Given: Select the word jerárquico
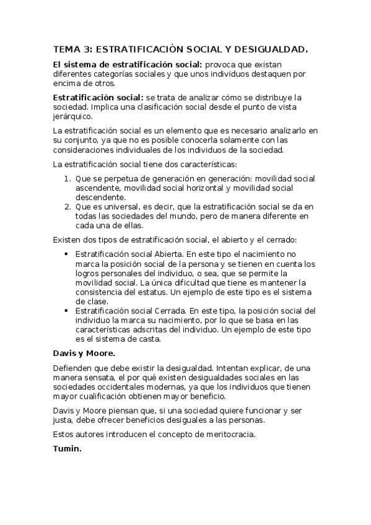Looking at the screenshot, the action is click(72, 116).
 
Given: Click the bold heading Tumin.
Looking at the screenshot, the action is click(68, 447).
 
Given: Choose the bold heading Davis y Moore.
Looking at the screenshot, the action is click(84, 354).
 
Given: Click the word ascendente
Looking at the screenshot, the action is click(97, 188).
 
